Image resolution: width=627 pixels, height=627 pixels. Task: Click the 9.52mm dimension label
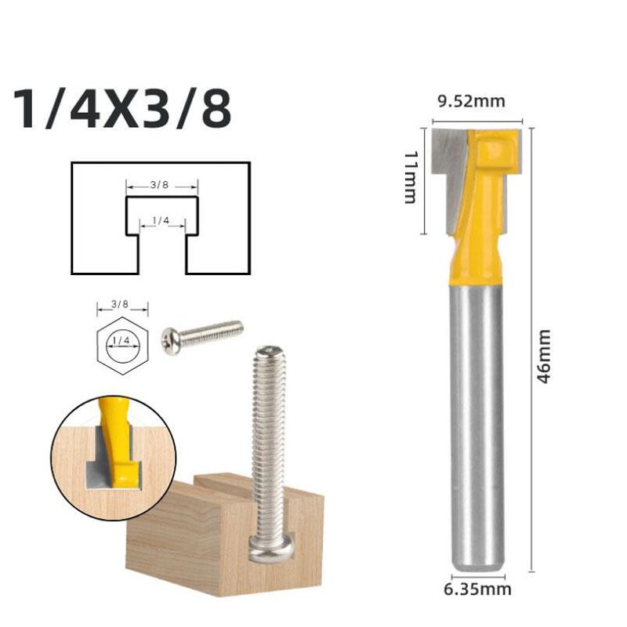click(x=472, y=102)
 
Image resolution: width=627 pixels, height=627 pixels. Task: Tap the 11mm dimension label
click(x=411, y=178)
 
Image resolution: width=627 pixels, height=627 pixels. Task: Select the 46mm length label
click(x=544, y=357)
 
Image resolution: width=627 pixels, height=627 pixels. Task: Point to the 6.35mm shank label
click(x=477, y=589)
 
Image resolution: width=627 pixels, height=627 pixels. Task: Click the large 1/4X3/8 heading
click(x=122, y=109)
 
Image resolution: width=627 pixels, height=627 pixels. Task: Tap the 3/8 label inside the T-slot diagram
click(x=160, y=185)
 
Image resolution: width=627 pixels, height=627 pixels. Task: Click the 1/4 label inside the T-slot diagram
click(x=161, y=220)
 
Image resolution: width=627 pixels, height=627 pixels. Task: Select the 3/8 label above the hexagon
click(x=120, y=304)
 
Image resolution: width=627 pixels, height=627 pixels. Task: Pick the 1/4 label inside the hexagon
click(x=121, y=340)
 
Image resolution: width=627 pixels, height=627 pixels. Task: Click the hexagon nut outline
click(x=97, y=346)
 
